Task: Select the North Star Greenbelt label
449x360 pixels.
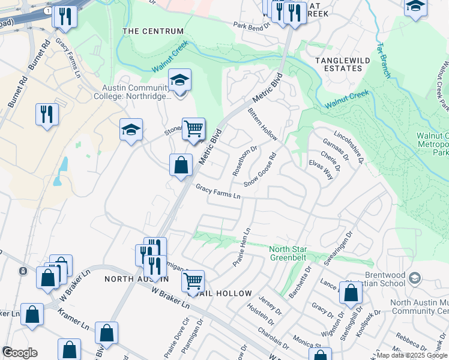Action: tap(288, 253)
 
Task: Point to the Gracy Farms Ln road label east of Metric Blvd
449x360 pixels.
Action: tap(218, 192)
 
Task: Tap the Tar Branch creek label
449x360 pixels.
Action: tap(384, 59)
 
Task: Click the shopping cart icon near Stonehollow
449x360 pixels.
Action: tap(193, 129)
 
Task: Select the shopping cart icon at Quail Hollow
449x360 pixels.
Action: tap(193, 280)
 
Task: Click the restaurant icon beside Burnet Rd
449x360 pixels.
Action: tap(47, 114)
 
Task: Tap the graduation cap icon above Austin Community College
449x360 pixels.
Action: tap(179, 80)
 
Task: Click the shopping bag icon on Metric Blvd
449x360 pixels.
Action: tap(181, 164)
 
